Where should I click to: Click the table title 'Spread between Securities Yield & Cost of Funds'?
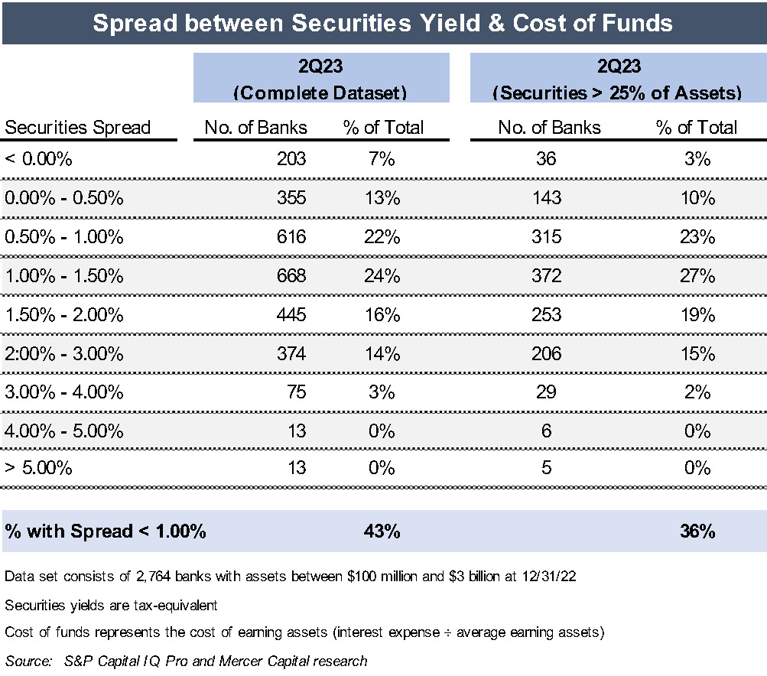click(382, 23)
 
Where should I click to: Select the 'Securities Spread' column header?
click(78, 128)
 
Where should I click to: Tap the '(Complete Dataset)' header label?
click(320, 93)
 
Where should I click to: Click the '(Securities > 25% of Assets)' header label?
click(618, 93)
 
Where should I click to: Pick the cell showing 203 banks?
click(291, 159)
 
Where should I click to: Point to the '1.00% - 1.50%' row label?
click(64, 276)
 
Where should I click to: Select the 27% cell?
click(697, 276)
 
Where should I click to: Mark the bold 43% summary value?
click(382, 531)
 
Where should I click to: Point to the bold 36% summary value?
click(697, 531)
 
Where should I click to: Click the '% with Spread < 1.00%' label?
click(106, 531)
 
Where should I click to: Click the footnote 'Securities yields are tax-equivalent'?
click(112, 606)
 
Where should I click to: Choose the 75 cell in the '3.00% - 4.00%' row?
click(296, 392)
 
